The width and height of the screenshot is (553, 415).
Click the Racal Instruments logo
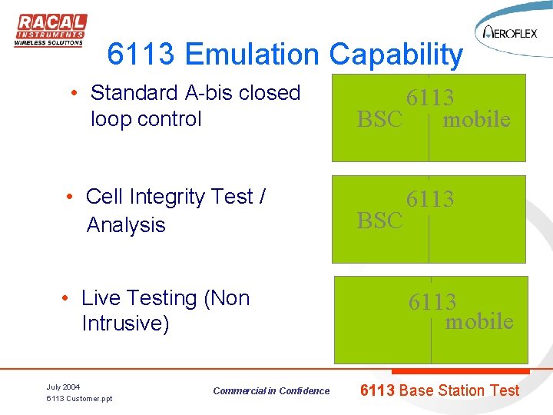51,31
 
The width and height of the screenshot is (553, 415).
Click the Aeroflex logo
511,32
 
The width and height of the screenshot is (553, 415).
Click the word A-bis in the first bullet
210,93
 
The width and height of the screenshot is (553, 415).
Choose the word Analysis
126,224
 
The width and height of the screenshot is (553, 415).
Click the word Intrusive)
125,324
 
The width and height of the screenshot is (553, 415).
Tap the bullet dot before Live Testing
67,298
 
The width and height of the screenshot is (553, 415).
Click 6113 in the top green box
430,98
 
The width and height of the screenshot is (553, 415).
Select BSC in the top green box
379,119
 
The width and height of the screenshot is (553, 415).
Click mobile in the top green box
477,119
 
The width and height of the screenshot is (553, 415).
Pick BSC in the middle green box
379,221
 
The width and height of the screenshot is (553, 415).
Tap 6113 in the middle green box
430,199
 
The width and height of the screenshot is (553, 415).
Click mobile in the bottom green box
479,321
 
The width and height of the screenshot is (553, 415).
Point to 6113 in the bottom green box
432,302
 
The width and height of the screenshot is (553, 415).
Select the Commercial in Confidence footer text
271,391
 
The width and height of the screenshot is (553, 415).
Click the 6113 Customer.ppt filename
79,399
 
